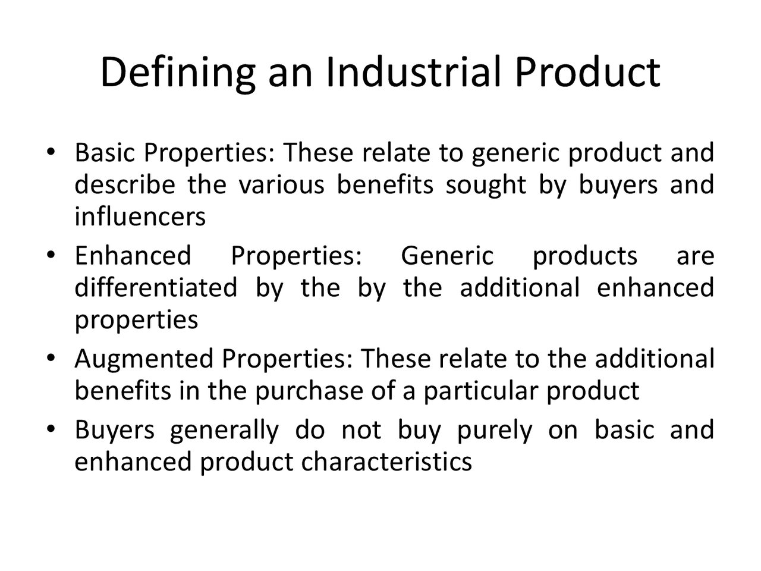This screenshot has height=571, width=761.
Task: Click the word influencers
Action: (140, 217)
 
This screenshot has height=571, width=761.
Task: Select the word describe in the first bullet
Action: (125, 184)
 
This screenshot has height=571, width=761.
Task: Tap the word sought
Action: (486, 186)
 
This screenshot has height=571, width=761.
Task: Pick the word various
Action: (281, 184)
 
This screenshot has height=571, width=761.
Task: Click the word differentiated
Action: (156, 288)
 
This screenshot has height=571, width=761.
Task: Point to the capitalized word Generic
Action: (447, 256)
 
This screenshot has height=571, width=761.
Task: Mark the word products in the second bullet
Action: (585, 257)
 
